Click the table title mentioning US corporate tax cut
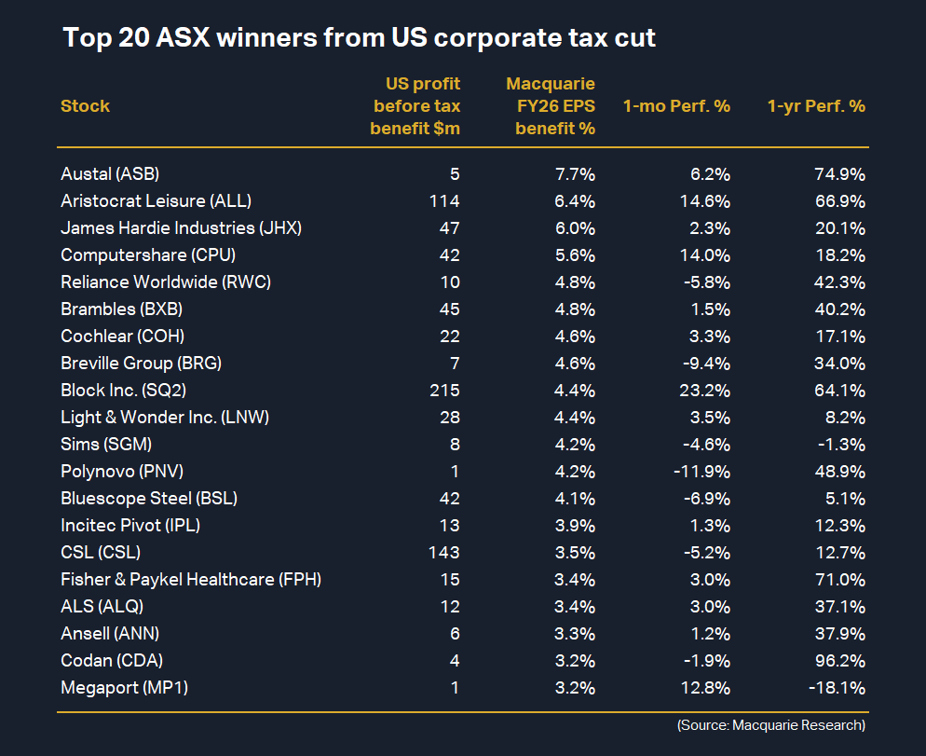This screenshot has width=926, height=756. pyautogui.click(x=359, y=38)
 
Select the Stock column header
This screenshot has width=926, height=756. pyautogui.click(x=85, y=106)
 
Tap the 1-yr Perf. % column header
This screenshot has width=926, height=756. pyautogui.click(x=816, y=106)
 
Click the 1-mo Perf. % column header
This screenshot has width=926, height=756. pyautogui.click(x=676, y=106)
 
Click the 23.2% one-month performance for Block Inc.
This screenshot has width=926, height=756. pyautogui.click(x=704, y=390)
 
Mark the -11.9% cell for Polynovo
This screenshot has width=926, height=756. pyautogui.click(x=701, y=471)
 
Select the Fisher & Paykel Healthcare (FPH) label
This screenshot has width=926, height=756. pyautogui.click(x=191, y=580)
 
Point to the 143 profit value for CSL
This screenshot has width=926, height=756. pyautogui.click(x=444, y=552)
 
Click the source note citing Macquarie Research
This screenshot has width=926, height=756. pyautogui.click(x=771, y=725)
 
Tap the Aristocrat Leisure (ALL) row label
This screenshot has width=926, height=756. pyautogui.click(x=156, y=200)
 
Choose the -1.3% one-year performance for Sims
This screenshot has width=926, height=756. pyautogui.click(x=842, y=444)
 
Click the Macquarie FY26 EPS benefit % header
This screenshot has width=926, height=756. pyautogui.click(x=555, y=106)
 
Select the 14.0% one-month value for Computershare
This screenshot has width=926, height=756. pyautogui.click(x=705, y=254)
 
